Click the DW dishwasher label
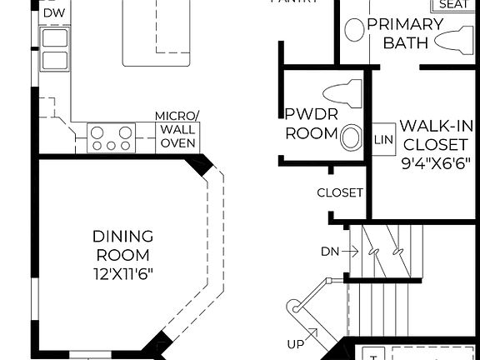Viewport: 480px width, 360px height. pyautogui.click(x=52, y=13)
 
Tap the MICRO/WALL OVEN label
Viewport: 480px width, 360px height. pyautogui.click(x=177, y=130)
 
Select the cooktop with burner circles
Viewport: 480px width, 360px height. pyautogui.click(x=112, y=137)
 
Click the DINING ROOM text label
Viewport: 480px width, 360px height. pyautogui.click(x=122, y=246)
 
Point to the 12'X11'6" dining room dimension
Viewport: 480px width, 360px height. pyautogui.click(x=122, y=272)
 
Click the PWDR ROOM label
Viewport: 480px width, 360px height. pyautogui.click(x=312, y=124)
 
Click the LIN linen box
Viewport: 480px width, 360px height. pyautogui.click(x=384, y=137)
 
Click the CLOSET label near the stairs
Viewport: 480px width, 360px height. pyautogui.click(x=340, y=192)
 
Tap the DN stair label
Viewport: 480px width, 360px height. pyautogui.click(x=329, y=251)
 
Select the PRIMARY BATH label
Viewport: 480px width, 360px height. pyautogui.click(x=405, y=32)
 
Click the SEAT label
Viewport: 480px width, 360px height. pyautogui.click(x=453, y=5)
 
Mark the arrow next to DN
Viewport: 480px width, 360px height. pyautogui.click(x=349, y=251)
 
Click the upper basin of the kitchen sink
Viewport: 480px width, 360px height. pyautogui.click(x=55, y=38)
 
